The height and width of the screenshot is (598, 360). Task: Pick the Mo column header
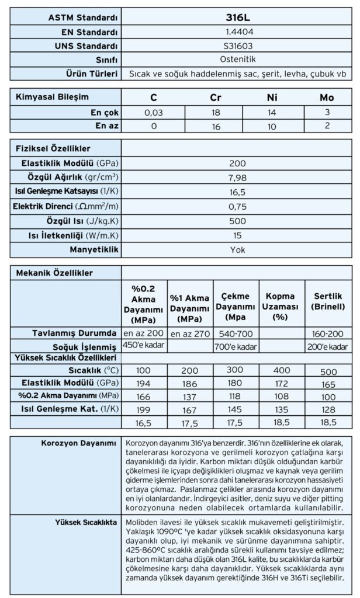pyautogui.click(x=327, y=97)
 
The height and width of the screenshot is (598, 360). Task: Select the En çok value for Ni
pyautogui.click(x=272, y=112)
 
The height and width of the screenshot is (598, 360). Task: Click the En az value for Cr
pyautogui.click(x=214, y=125)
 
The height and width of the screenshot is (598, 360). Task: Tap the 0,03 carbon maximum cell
pyautogui.click(x=154, y=112)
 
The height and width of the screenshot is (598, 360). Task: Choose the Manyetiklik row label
pyautogui.click(x=96, y=249)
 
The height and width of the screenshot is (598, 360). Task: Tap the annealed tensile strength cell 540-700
pyautogui.click(x=236, y=333)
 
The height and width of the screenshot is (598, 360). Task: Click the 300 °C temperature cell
pyautogui.click(x=236, y=371)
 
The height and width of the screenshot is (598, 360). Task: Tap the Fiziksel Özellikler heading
pyautogui.click(x=53, y=149)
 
